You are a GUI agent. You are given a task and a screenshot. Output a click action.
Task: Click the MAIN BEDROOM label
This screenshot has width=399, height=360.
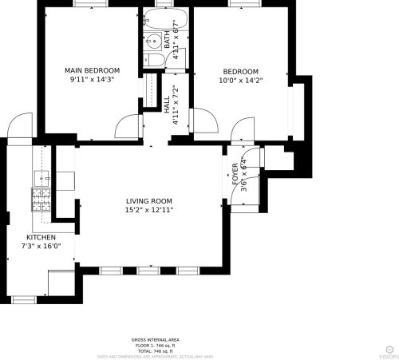click(92, 70)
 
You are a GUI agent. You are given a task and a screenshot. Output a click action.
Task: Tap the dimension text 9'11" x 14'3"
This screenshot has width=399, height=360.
click(92, 79)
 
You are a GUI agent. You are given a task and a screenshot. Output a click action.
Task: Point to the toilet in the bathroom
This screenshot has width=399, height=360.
click(152, 58)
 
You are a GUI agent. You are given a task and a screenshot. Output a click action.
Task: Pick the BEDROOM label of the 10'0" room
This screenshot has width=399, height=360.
click(240, 70)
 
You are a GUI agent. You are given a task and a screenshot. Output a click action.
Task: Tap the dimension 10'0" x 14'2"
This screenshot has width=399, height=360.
click(240, 79)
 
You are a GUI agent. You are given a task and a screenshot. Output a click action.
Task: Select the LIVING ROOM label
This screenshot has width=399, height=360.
click(149, 201)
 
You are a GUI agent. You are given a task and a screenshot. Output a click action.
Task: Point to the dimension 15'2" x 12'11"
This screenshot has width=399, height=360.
click(149, 210)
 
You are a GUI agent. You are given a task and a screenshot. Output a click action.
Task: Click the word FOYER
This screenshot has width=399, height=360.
click(235, 174)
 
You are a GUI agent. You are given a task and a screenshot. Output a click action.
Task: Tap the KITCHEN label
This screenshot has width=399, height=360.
click(41, 238)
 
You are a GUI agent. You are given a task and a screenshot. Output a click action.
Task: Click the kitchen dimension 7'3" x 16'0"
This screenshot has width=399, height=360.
click(41, 247)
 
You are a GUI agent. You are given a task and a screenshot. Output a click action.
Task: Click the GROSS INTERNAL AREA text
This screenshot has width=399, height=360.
click(155, 338)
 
